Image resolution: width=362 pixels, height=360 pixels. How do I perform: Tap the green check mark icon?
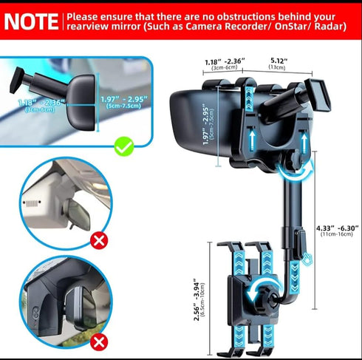(124, 146)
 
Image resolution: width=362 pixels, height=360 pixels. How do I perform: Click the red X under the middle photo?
(97, 240)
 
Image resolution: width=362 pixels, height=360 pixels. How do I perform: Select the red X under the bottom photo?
(97, 342)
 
